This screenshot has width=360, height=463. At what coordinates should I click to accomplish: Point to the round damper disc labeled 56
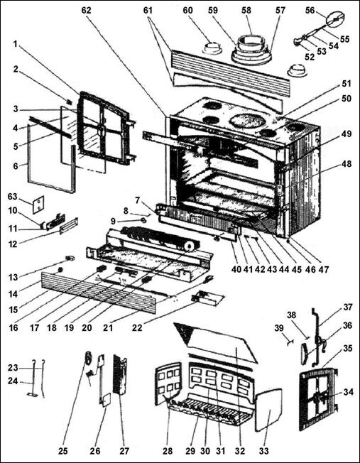(x=337, y=17)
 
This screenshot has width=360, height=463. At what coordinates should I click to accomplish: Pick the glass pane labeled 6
(x=50, y=160)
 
